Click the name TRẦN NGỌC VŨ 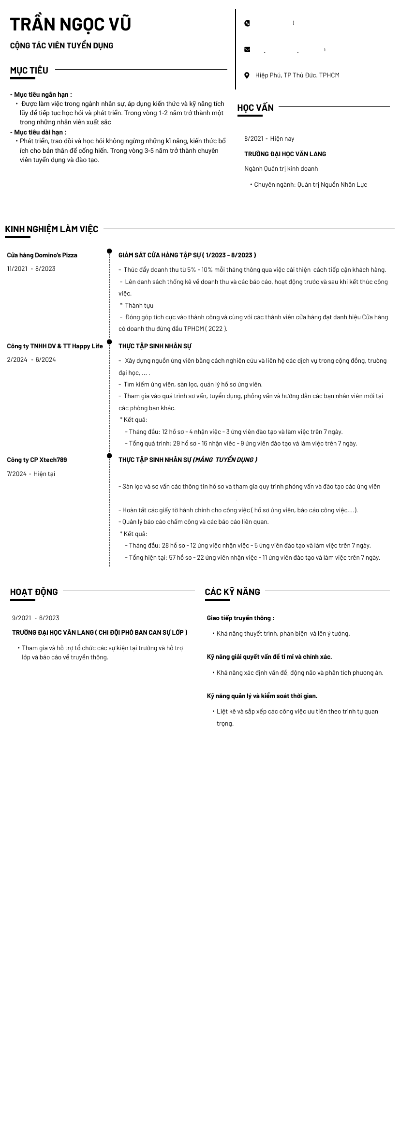click(71, 24)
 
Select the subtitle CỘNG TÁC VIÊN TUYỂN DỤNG click(61, 45)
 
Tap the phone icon click(247, 23)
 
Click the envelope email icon click(247, 49)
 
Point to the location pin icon click(247, 75)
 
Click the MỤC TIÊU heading click(29, 71)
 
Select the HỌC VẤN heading click(255, 108)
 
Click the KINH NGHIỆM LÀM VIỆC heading click(52, 229)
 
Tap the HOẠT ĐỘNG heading click(34, 592)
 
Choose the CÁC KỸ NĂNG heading click(232, 592)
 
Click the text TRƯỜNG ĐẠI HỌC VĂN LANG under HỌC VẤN click(285, 154)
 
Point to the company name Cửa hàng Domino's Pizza click(42, 255)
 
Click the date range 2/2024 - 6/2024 click(31, 359)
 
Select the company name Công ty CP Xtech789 click(37, 460)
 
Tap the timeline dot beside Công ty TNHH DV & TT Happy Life click(109, 342)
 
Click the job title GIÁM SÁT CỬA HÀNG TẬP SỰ click(159, 255)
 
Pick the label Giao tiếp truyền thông click(240, 618)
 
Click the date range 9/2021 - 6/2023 click(36, 618)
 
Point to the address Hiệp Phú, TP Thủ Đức click(297, 75)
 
